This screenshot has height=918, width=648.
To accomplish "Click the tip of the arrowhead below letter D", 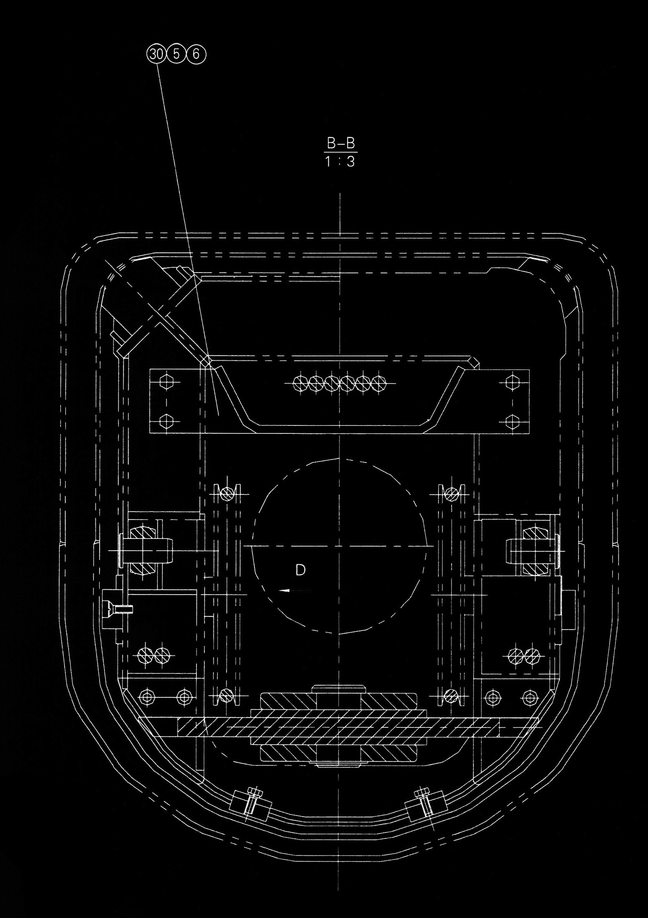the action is click(x=279, y=590).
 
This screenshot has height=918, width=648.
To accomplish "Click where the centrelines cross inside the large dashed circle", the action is click(x=340, y=546).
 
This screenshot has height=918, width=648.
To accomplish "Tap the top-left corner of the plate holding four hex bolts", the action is click(x=149, y=370).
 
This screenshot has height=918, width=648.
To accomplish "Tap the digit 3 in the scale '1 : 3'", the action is click(x=351, y=162).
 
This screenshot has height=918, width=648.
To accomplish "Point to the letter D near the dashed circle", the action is click(x=300, y=570).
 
